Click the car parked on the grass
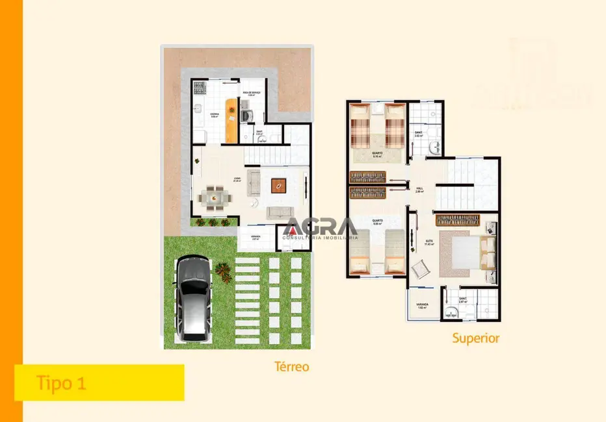click(x=193, y=297)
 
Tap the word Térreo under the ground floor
click(x=291, y=367)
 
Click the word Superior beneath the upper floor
click(x=476, y=338)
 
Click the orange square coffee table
click(x=278, y=186)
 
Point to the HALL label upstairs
click(x=419, y=189)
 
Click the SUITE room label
click(x=429, y=241)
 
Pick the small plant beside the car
click(x=224, y=273)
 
